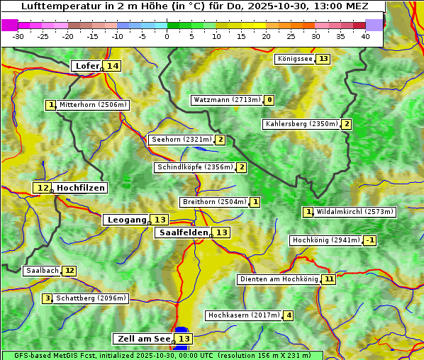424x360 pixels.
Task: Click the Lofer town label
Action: coord(87,66)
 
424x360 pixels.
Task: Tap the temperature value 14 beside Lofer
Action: coord(113,66)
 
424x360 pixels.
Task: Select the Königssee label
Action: coord(294,59)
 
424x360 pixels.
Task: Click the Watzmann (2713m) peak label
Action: coord(227,100)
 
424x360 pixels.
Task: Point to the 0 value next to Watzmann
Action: coord(269,100)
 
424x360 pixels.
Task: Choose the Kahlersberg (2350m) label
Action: coord(301,124)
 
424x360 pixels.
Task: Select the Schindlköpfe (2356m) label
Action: coord(194,167)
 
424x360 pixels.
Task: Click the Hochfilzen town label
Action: coord(81,188)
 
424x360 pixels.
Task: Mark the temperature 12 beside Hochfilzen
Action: coord(43,188)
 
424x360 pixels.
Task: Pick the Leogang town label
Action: coord(127,220)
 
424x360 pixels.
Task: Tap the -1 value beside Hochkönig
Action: coord(369,240)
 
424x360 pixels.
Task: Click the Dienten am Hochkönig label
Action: coord(278,279)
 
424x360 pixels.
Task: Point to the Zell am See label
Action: coord(143,339)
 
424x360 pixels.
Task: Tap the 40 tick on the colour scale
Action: coord(365,36)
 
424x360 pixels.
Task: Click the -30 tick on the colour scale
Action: coord(18,36)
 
